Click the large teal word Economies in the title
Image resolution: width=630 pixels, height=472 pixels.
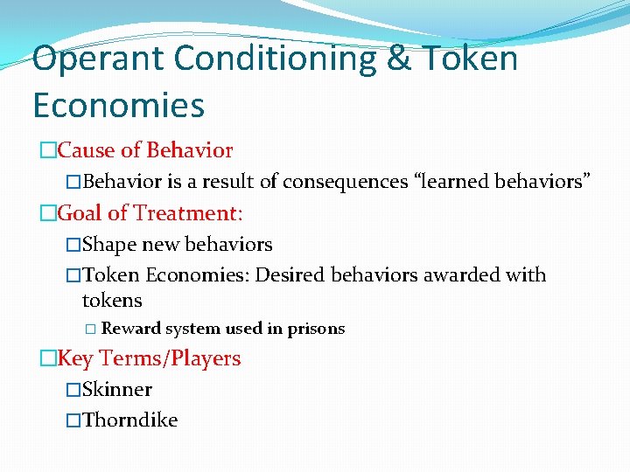[118, 105]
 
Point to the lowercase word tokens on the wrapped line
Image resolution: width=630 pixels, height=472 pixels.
[112, 301]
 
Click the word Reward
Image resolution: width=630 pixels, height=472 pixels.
[130, 330]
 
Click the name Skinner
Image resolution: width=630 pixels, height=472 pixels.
[117, 390]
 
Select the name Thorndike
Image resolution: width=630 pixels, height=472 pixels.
[130, 420]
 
